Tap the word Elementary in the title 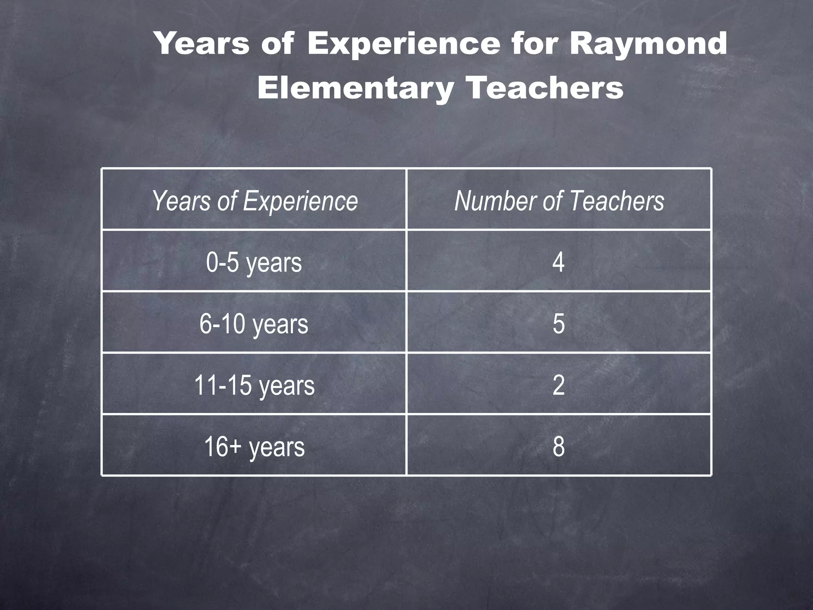(x=355, y=88)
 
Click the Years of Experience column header (x=254, y=201)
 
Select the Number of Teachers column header (x=559, y=201)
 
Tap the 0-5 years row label (x=254, y=263)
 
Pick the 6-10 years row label (x=254, y=324)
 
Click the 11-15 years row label (x=254, y=385)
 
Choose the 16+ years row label (x=254, y=447)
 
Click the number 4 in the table (x=559, y=263)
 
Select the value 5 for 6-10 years (x=559, y=324)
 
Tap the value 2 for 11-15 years (x=559, y=385)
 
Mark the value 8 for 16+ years (x=559, y=447)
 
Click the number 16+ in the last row (x=223, y=447)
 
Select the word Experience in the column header (x=301, y=201)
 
